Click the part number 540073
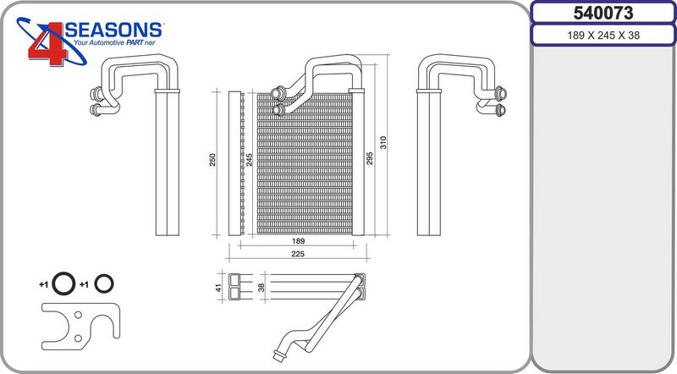click(603, 13)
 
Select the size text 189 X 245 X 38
click(603, 36)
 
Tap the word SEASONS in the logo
click(113, 30)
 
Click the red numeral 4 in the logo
click(47, 44)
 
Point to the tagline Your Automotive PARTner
click(114, 43)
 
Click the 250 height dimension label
click(212, 160)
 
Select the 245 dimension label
click(249, 160)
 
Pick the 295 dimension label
click(370, 158)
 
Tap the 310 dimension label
click(383, 142)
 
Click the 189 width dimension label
click(298, 241)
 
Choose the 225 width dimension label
click(298, 254)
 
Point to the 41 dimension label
click(218, 287)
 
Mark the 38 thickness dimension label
click(261, 287)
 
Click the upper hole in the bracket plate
click(78, 315)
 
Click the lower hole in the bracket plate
click(78, 338)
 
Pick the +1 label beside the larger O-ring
click(43, 284)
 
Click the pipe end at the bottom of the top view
click(278, 356)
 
